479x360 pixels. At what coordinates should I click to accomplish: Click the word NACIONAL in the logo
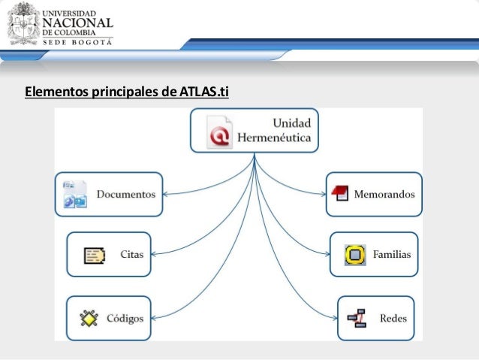81,23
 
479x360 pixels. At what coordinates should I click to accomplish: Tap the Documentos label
125,194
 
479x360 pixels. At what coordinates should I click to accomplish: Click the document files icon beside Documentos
75,194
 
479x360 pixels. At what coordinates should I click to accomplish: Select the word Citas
131,254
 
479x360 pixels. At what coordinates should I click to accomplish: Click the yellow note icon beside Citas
95,255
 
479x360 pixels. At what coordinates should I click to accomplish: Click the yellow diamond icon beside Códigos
90,319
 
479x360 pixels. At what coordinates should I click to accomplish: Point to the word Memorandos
384,194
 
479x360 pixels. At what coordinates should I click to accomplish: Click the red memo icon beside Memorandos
340,193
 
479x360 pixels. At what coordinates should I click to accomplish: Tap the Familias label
392,254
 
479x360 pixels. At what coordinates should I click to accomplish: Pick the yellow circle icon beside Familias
354,255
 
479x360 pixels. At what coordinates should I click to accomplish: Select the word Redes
393,318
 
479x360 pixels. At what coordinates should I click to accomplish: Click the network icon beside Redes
357,319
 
